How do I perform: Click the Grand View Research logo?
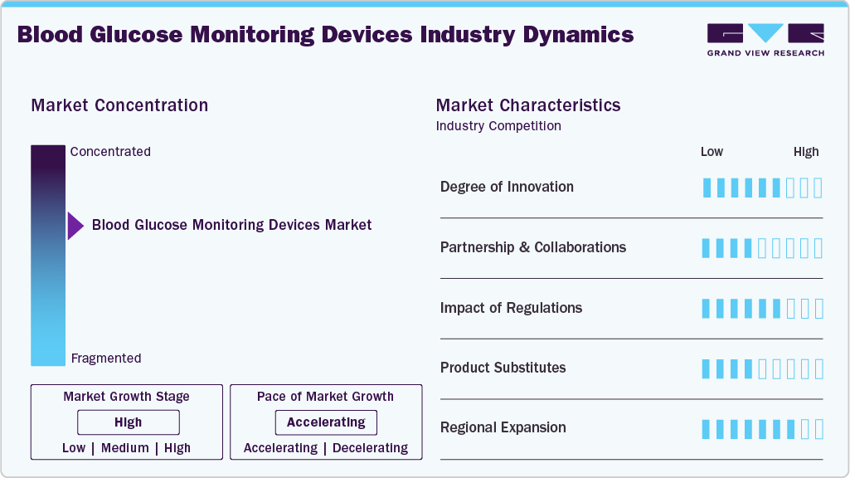765,39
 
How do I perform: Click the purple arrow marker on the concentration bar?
75,226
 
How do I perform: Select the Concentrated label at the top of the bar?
110,152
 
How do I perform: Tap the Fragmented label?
106,358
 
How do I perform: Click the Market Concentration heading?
119,105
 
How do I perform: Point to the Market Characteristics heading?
527,105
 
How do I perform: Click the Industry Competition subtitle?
498,126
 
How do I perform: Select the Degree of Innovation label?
507,187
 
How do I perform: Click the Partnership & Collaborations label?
532,247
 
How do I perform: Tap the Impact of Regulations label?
511,308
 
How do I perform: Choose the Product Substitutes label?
503,368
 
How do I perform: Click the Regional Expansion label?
503,428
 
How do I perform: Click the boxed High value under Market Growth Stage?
128,422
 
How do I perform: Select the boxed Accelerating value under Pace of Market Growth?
326,422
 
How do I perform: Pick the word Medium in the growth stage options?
125,448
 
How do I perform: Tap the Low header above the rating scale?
712,152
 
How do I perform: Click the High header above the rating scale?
806,152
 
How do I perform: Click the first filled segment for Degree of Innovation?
707,188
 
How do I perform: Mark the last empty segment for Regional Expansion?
818,429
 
